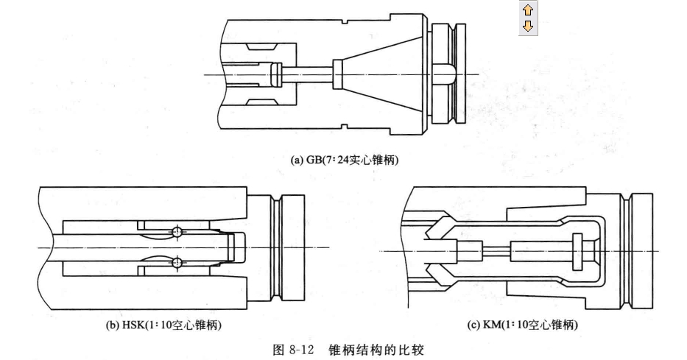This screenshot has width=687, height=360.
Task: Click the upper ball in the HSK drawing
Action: point(176,232)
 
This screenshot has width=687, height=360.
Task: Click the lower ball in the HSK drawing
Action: point(176,262)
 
